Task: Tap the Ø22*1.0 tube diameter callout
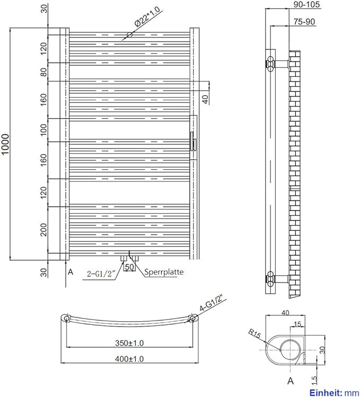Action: (x=147, y=17)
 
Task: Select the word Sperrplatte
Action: (x=164, y=272)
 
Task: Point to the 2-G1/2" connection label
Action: (x=101, y=274)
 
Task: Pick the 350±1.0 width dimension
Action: (x=129, y=343)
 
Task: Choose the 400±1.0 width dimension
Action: (x=129, y=359)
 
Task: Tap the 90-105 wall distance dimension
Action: (x=307, y=4)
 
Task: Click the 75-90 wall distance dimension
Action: (x=304, y=22)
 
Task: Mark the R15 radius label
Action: (x=254, y=333)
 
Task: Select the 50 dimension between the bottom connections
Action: (x=129, y=267)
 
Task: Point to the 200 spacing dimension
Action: (x=44, y=230)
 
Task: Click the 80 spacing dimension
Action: (x=44, y=72)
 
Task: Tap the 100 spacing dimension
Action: (x=44, y=130)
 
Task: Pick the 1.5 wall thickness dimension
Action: (x=314, y=379)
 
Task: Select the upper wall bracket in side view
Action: (x=277, y=63)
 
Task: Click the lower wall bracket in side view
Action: (x=277, y=279)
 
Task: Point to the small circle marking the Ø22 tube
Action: (x=129, y=34)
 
